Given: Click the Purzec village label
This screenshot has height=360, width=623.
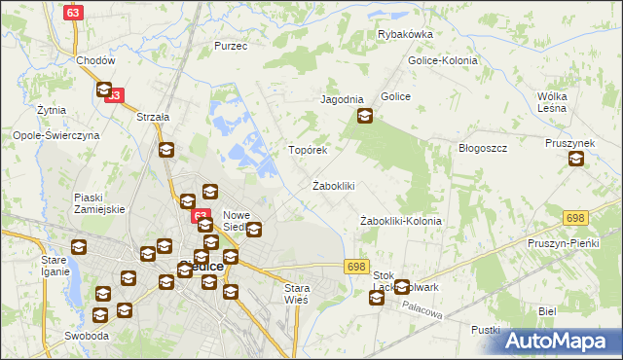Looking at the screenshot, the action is [x=231, y=46].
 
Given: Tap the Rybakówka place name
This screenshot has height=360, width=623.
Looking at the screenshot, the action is [x=405, y=34].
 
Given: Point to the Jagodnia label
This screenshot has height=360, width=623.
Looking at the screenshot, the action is [x=342, y=100].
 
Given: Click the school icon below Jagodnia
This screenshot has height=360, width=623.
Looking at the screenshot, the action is [x=364, y=118].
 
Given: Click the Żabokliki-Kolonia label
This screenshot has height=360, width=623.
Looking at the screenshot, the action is [x=400, y=221].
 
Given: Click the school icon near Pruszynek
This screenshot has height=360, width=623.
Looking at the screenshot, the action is [x=575, y=160].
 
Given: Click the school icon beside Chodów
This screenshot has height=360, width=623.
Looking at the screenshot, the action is [x=104, y=90].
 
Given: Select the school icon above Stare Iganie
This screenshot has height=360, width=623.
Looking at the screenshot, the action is [x=79, y=247].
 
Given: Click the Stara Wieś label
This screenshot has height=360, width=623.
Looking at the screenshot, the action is [x=296, y=294].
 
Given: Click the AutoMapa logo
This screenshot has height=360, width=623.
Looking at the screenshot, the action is [x=560, y=341].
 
